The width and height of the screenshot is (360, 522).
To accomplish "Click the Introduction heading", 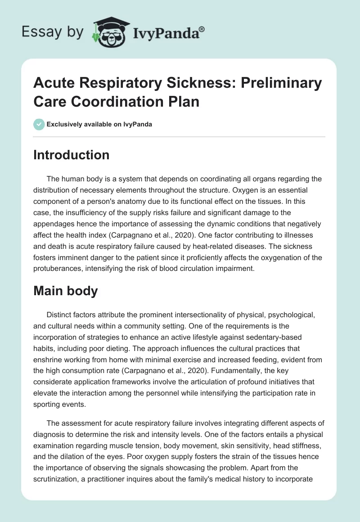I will [72, 155].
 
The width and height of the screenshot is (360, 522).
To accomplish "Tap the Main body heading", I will [66, 291].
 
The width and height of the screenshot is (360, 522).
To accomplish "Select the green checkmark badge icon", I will [39, 124].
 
